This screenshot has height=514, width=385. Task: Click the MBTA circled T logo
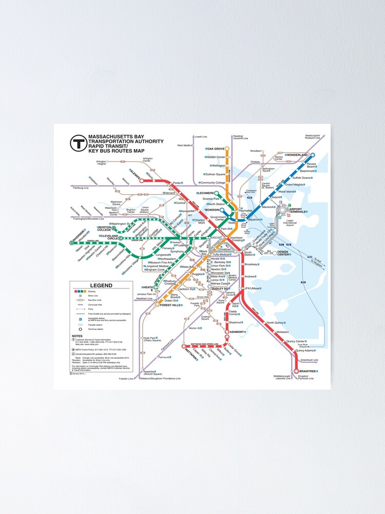[79, 143]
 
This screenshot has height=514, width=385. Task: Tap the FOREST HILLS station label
[170, 305]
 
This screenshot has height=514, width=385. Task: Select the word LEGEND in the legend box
[101, 285]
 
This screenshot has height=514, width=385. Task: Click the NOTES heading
[77, 336]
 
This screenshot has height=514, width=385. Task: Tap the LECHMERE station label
[204, 193]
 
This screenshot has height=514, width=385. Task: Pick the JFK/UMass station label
[253, 288]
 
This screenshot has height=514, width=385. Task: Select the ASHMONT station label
[237, 332]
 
